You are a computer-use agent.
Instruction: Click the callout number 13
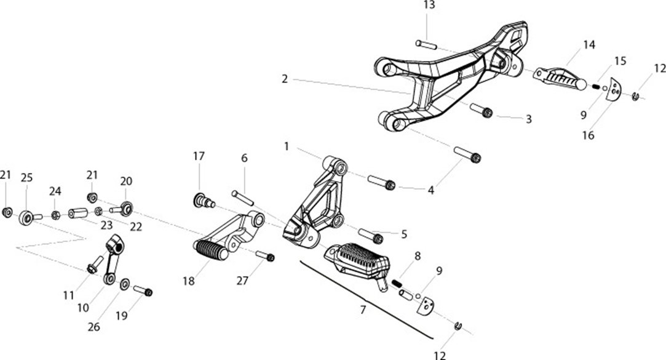pyautogui.click(x=429, y=5)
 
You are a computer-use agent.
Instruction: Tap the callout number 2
pyautogui.click(x=285, y=79)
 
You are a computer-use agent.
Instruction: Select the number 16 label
pyautogui.click(x=589, y=135)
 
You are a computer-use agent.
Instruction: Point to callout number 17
pyautogui.click(x=199, y=156)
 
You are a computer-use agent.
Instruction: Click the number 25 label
pyautogui.click(x=27, y=178)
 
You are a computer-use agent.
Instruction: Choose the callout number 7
pyautogui.click(x=363, y=310)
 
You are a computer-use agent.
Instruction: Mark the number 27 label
pyautogui.click(x=242, y=281)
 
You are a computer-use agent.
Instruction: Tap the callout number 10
pyautogui.click(x=83, y=308)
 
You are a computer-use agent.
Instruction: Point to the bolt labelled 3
pyautogui.click(x=482, y=110)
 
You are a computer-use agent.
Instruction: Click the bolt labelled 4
pyautogui.click(x=467, y=154)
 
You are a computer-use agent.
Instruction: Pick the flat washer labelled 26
pyautogui.click(x=125, y=284)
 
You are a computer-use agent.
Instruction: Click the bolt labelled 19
pyautogui.click(x=143, y=290)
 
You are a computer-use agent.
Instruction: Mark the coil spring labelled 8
pyautogui.click(x=396, y=282)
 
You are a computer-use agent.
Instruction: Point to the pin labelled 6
pyautogui.click(x=242, y=198)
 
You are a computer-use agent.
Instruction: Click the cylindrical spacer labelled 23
pyautogui.click(x=78, y=212)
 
